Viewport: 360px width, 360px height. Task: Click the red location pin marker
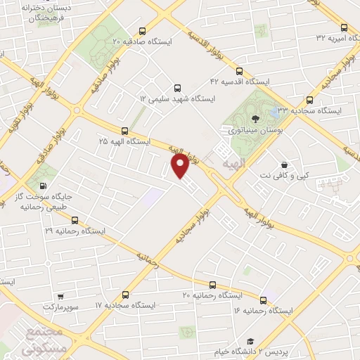[x=180, y=166]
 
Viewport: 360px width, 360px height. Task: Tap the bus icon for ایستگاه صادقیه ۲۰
[x=143, y=31]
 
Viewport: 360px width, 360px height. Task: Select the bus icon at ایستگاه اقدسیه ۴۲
[x=239, y=71]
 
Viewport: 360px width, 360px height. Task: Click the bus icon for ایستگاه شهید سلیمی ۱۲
[x=177, y=89]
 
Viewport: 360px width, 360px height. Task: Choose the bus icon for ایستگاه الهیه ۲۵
[x=124, y=130]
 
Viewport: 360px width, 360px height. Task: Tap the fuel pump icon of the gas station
[x=44, y=187]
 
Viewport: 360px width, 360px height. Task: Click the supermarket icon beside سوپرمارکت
[x=61, y=297]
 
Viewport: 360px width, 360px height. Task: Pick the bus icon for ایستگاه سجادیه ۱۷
[x=125, y=295]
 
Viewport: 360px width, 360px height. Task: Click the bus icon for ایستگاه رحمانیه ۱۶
[x=263, y=299]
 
